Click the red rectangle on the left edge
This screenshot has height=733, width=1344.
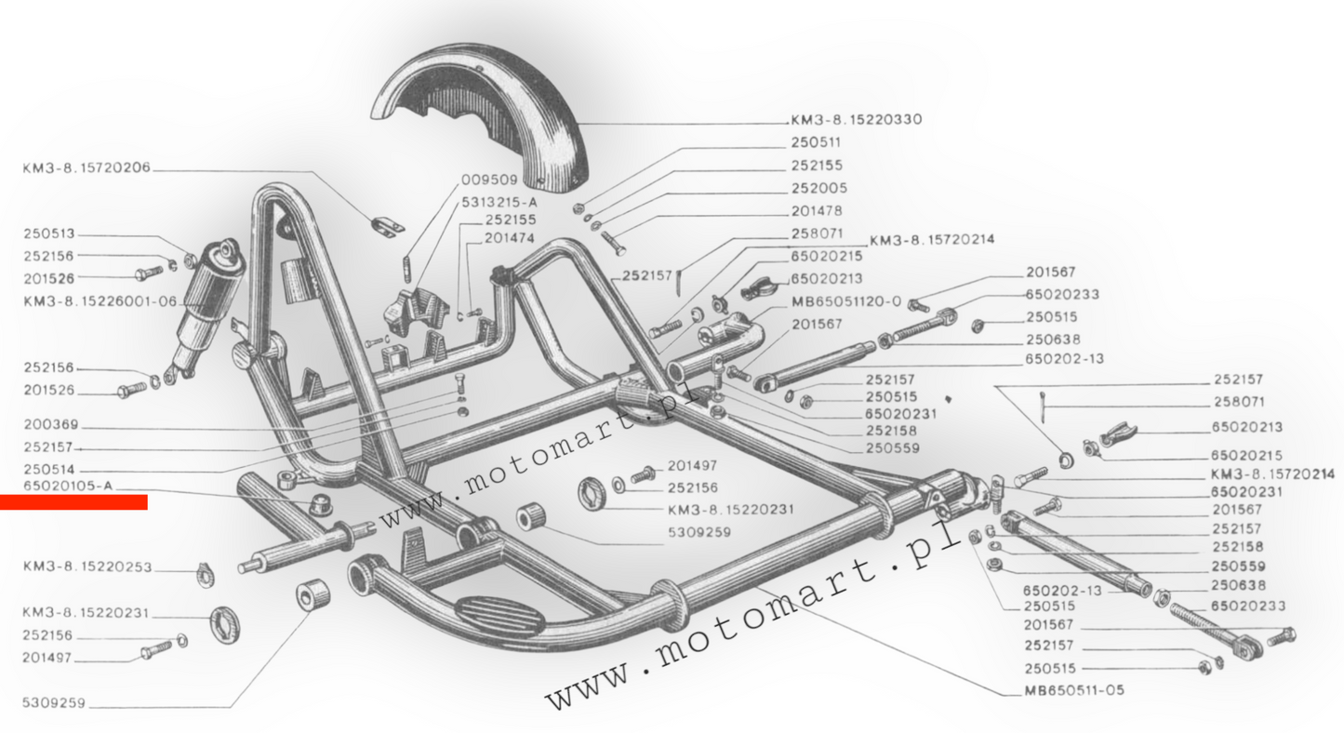tap(73, 502)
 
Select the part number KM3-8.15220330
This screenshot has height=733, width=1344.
tap(857, 120)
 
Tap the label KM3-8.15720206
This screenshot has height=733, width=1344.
tap(86, 168)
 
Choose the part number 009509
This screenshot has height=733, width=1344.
tap(484, 180)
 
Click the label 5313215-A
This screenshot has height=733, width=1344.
tap(499, 201)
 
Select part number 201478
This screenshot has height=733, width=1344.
tap(818, 211)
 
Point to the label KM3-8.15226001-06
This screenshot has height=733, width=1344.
tap(100, 301)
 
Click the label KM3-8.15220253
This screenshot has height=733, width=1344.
tap(86, 566)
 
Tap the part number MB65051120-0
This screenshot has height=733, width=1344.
tap(845, 301)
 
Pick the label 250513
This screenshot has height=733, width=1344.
tap(48, 234)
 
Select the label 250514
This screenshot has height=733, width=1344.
tap(48, 470)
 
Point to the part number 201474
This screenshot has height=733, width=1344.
tap(510, 239)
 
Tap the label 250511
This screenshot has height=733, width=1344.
tap(816, 142)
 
